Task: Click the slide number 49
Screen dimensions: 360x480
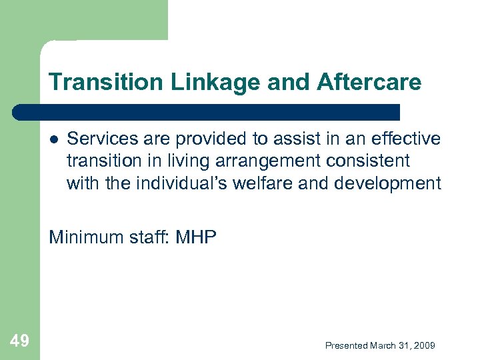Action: (20, 341)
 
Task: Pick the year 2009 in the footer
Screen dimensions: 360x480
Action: (423, 345)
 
